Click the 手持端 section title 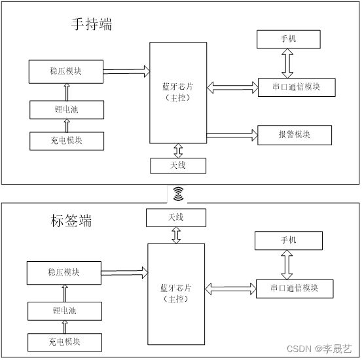click(92, 24)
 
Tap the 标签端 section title click(71, 221)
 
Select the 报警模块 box click(295, 135)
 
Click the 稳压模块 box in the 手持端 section click(66, 71)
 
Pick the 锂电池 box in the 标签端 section click(65, 311)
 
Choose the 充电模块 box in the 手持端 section click(67, 141)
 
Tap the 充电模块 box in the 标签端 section click(65, 342)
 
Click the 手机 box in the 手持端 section click(289, 39)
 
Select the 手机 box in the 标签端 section click(289, 241)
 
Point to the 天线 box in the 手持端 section click(178, 166)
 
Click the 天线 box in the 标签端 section click(176, 218)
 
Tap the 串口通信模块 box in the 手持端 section click(297, 87)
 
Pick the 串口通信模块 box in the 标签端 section click(295, 289)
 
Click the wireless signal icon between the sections click(178, 194)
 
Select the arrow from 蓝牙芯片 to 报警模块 click(232, 135)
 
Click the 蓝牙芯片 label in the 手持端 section click(178, 87)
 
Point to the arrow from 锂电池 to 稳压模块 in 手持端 click(67, 92)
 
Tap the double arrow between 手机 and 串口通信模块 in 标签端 click(287, 265)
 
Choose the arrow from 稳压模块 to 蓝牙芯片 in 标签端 click(124, 273)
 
